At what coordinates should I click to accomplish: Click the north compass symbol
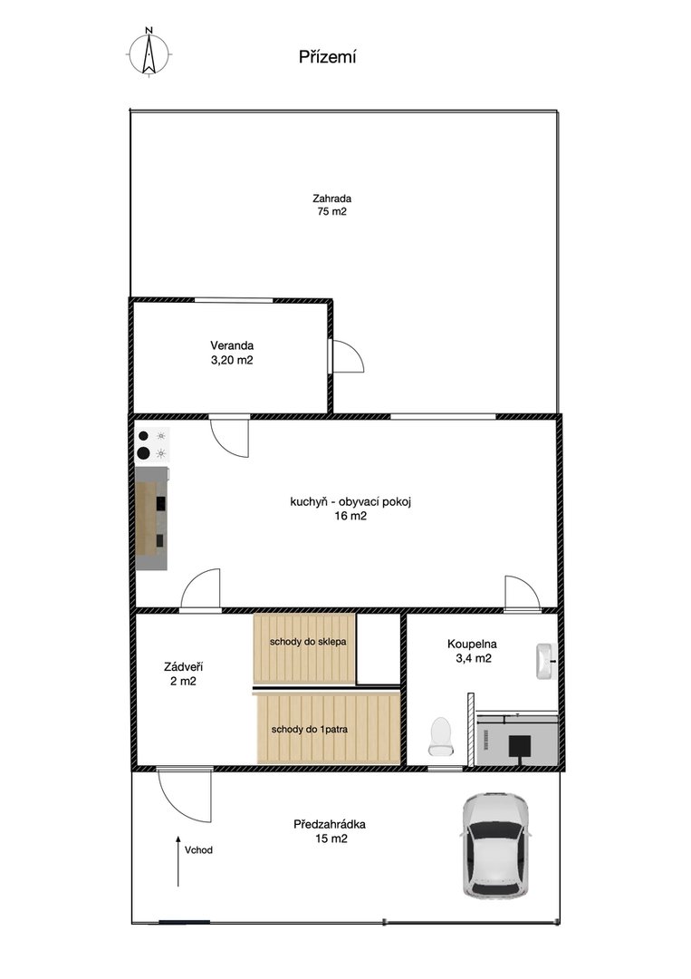149,53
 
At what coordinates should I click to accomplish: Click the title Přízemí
328,57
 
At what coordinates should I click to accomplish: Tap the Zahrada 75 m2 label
331,205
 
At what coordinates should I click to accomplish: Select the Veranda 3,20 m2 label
232,353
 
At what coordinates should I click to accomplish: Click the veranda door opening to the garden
345,356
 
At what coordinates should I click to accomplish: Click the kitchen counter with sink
151,519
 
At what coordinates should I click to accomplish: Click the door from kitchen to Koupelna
522,593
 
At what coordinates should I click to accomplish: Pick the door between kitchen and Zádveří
200,589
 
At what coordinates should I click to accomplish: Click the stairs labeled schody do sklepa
304,649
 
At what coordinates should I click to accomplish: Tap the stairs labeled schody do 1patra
328,728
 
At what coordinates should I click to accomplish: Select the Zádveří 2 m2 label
183,674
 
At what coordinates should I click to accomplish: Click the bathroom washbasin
546,661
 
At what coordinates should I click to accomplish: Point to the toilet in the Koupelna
440,736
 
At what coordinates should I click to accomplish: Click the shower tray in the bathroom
516,739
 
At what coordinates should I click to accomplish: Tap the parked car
495,846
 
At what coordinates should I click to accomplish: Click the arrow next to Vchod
178,861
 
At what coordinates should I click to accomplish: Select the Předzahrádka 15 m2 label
330,831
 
